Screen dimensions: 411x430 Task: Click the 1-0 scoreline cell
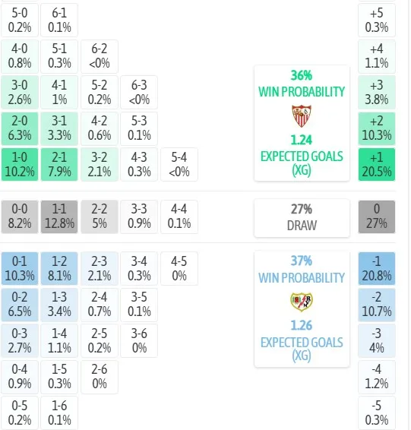click(x=20, y=165)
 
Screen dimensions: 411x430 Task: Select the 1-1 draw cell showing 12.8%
click(x=59, y=217)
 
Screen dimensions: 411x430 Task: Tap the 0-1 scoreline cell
click(x=20, y=269)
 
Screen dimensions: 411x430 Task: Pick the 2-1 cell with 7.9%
click(x=59, y=165)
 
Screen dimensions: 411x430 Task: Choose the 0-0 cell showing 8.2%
click(x=20, y=217)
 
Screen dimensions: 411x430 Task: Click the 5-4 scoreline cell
click(x=179, y=165)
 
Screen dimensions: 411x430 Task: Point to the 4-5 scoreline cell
click(x=179, y=269)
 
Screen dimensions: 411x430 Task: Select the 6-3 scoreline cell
click(x=139, y=93)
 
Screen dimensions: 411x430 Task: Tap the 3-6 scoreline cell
click(x=139, y=341)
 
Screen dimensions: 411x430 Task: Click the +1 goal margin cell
click(x=377, y=165)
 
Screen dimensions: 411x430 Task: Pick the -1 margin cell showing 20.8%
click(x=377, y=269)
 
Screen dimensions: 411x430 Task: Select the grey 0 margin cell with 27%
click(x=377, y=217)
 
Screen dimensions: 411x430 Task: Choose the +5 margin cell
click(x=377, y=20)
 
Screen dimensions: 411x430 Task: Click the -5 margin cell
click(x=377, y=413)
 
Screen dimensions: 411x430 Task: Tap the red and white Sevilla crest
click(x=302, y=115)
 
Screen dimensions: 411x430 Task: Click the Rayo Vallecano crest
click(x=302, y=302)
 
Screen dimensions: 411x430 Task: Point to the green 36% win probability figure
click(x=302, y=75)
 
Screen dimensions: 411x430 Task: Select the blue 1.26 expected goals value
click(x=302, y=325)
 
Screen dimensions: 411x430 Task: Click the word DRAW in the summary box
click(x=302, y=226)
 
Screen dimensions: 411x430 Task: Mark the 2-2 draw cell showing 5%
click(x=100, y=217)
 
